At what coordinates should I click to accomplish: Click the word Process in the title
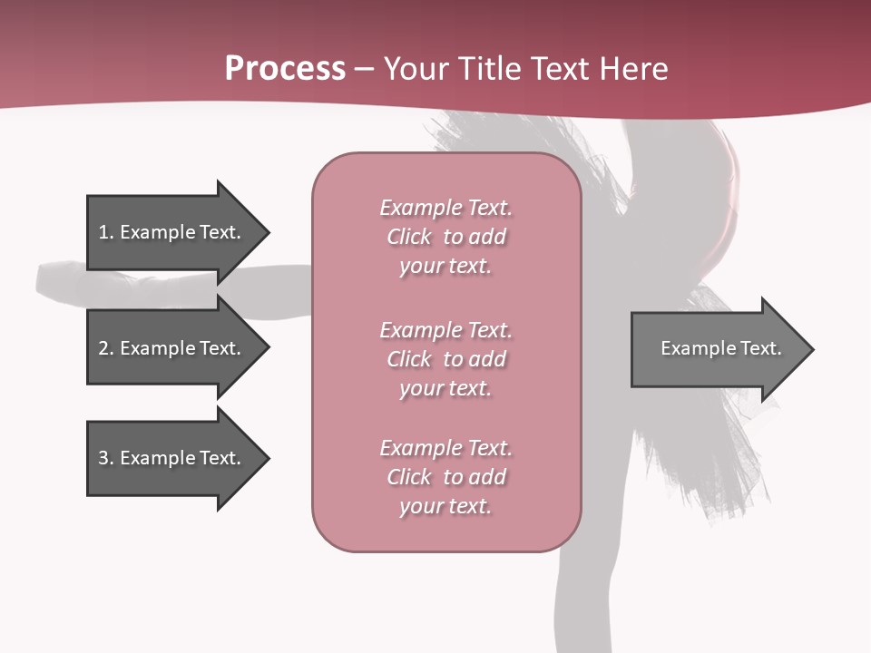coord(285,69)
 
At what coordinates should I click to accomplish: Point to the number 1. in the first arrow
coord(106,232)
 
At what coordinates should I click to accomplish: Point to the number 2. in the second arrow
coord(106,348)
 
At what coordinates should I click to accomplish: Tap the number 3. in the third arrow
coord(106,458)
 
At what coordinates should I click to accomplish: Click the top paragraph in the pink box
coord(445,237)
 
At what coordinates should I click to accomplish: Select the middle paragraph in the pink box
coord(445,359)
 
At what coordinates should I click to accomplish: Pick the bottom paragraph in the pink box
coord(445,477)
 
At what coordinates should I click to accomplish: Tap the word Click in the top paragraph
coord(409,237)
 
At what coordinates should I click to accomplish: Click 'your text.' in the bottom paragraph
coord(445,506)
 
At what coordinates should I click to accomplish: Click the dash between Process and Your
coord(365,70)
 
